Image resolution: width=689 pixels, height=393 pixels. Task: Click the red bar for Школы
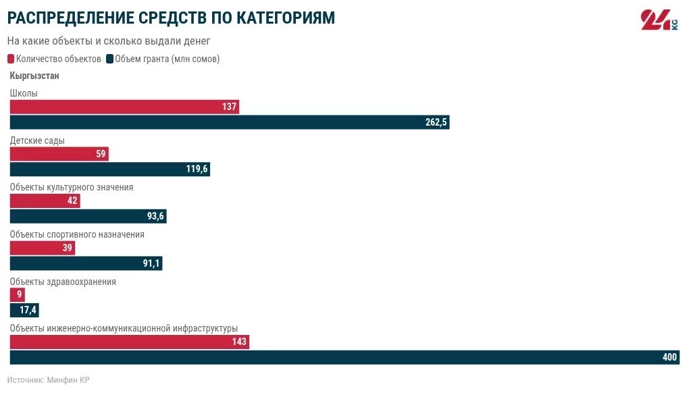tap(124, 107)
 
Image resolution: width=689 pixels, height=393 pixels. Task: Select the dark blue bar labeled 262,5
tap(230, 122)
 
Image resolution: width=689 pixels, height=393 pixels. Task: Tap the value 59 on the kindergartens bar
tap(101, 154)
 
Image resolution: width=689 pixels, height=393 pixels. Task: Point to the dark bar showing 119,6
tap(109, 169)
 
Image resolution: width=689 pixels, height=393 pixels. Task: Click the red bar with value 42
tap(45, 201)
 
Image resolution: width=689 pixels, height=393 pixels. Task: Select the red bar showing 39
tap(42, 248)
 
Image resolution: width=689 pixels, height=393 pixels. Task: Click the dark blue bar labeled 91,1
tap(86, 263)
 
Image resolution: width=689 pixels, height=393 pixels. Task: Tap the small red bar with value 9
tap(17, 294)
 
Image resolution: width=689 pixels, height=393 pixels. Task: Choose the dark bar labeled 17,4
tap(25, 311)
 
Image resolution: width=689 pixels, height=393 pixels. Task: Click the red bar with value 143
tap(129, 342)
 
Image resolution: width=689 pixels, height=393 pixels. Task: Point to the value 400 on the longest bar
tap(669, 357)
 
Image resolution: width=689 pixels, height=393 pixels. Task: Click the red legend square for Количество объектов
tap(11, 59)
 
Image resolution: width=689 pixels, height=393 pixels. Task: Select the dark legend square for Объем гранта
tap(110, 59)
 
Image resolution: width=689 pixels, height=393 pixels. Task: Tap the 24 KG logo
tap(659, 21)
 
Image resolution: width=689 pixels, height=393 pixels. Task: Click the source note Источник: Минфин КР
tap(49, 380)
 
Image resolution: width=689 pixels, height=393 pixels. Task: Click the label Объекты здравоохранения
tap(63, 282)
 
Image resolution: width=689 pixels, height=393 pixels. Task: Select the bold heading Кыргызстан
tap(34, 76)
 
